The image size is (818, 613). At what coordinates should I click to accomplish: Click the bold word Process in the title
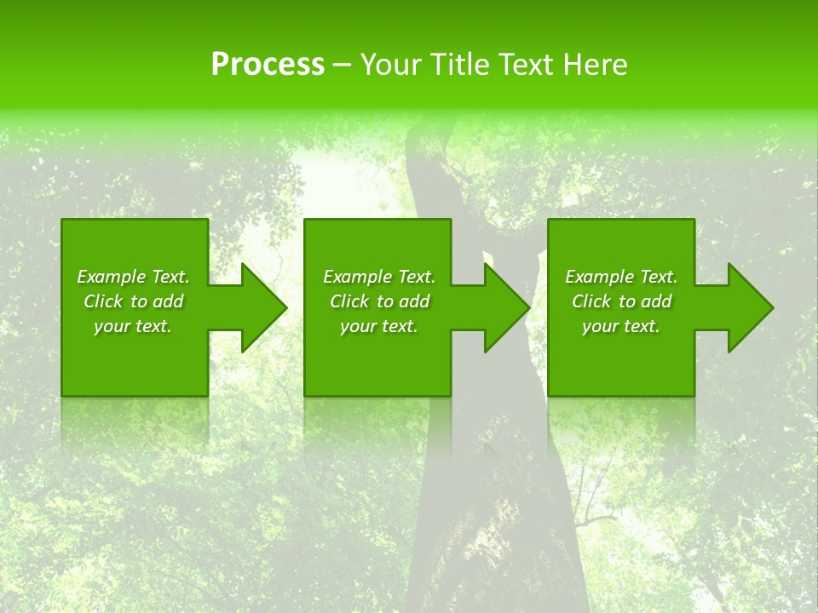click(268, 64)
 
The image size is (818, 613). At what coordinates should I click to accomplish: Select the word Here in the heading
click(596, 64)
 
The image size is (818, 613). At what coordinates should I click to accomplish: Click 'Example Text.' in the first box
click(133, 277)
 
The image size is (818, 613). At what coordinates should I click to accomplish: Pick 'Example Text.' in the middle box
click(379, 277)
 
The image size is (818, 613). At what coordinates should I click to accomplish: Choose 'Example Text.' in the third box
click(621, 277)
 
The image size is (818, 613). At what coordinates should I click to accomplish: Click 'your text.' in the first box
click(133, 326)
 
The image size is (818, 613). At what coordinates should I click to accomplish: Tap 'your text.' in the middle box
click(379, 326)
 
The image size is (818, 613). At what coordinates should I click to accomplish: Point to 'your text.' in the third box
click(621, 326)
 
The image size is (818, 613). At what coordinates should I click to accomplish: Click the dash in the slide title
click(343, 65)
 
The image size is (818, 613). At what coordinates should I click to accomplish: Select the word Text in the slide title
click(531, 64)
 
